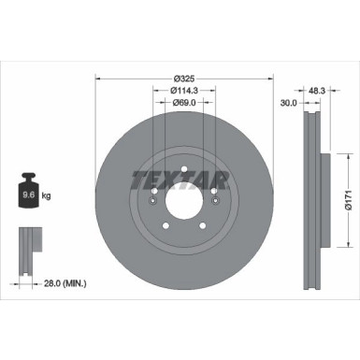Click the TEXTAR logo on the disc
[181, 177]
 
